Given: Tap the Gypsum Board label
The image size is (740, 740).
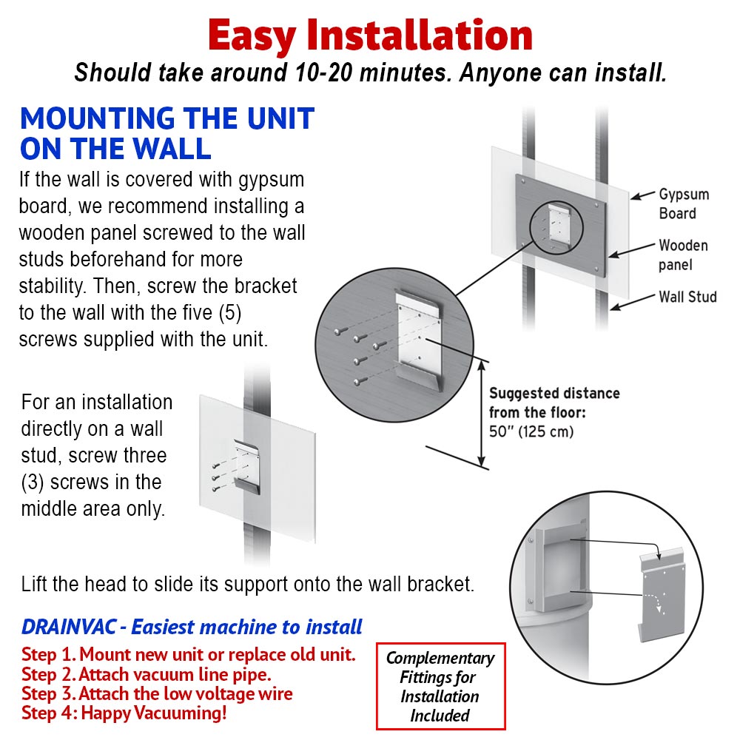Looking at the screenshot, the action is pyautogui.click(x=684, y=204).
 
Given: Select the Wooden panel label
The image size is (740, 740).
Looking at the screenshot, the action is pyautogui.click(x=683, y=255).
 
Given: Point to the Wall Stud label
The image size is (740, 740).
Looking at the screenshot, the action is pyautogui.click(x=687, y=297).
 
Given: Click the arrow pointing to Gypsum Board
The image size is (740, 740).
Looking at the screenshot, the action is pyautogui.click(x=642, y=195).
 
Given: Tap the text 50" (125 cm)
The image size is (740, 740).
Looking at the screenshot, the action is pyautogui.click(x=531, y=431).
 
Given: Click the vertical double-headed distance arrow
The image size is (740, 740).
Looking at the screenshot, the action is pyautogui.click(x=482, y=414).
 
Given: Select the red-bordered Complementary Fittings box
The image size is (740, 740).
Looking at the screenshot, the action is pyautogui.click(x=441, y=686).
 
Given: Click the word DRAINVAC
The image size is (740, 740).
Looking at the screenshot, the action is pyautogui.click(x=68, y=627).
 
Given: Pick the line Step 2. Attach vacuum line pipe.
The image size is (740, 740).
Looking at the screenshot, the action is pyautogui.click(x=147, y=674).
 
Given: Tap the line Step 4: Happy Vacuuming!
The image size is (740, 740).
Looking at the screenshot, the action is pyautogui.click(x=124, y=713).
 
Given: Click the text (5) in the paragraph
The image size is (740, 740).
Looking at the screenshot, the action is pyautogui.click(x=230, y=313).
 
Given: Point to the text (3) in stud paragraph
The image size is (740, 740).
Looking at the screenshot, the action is pyautogui.click(x=33, y=482).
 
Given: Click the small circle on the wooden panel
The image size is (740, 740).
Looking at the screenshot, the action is pyautogui.click(x=556, y=227).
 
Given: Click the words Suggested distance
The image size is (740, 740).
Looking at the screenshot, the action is pyautogui.click(x=554, y=393).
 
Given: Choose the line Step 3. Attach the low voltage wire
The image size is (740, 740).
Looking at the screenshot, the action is pyautogui.click(x=157, y=694).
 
